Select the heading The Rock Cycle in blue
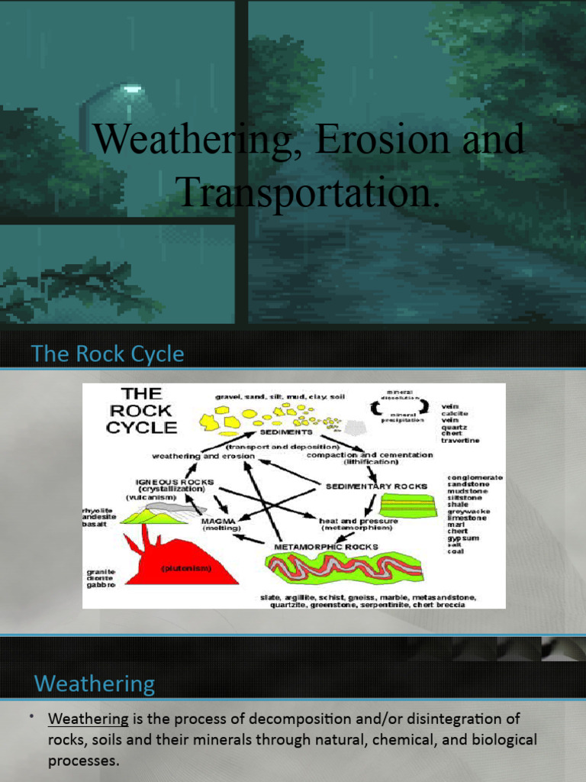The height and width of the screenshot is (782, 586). tap(107, 354)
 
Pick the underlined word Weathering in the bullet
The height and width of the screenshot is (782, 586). tap(88, 719)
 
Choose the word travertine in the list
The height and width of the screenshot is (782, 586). tap(460, 441)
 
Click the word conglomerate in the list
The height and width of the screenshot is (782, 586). tap(475, 477)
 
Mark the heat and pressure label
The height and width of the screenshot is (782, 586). tap(356, 519)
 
